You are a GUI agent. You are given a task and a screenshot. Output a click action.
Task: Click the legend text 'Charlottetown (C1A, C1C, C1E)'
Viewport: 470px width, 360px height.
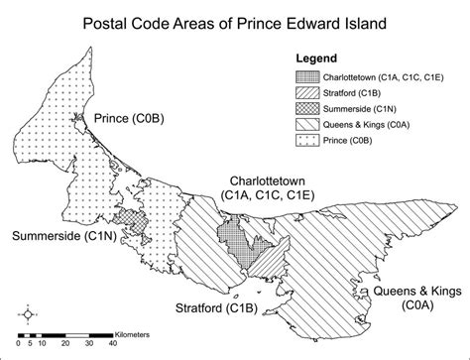[x=382, y=75]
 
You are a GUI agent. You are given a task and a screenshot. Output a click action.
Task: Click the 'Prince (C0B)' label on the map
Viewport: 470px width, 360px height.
[x=129, y=120]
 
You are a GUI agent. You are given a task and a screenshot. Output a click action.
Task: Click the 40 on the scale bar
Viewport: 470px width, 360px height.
[x=113, y=344]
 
